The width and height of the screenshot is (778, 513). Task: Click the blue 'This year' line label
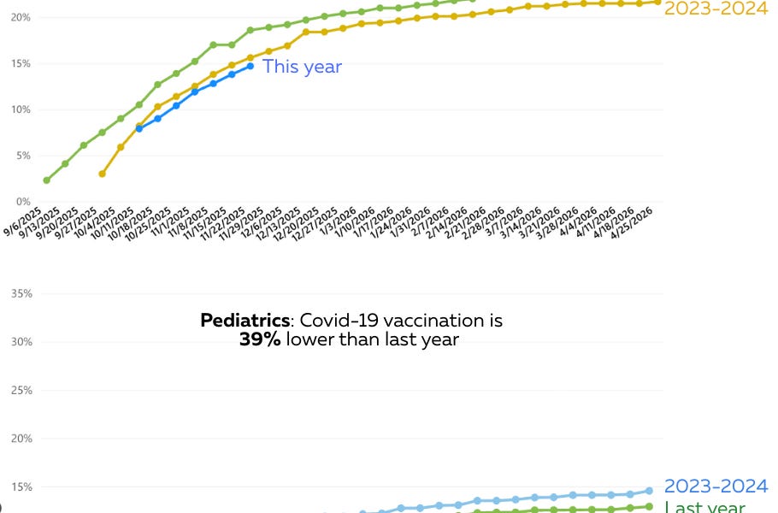point(302,67)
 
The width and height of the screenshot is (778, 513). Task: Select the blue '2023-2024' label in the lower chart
point(716,486)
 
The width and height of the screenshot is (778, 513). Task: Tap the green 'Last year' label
point(704,507)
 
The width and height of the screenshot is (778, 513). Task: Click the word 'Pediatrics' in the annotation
point(245,321)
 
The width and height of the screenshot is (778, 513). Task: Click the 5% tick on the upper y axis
point(21,156)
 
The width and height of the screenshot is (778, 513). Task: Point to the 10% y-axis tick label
point(21,109)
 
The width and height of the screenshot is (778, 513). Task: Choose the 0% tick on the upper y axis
point(21,202)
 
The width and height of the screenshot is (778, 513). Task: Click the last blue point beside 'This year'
point(250,66)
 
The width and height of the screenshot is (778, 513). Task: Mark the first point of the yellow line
point(103,174)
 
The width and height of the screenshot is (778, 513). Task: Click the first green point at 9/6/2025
point(46,180)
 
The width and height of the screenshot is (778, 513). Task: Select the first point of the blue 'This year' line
point(139,128)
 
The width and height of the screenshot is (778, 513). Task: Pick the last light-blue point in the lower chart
point(649,491)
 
